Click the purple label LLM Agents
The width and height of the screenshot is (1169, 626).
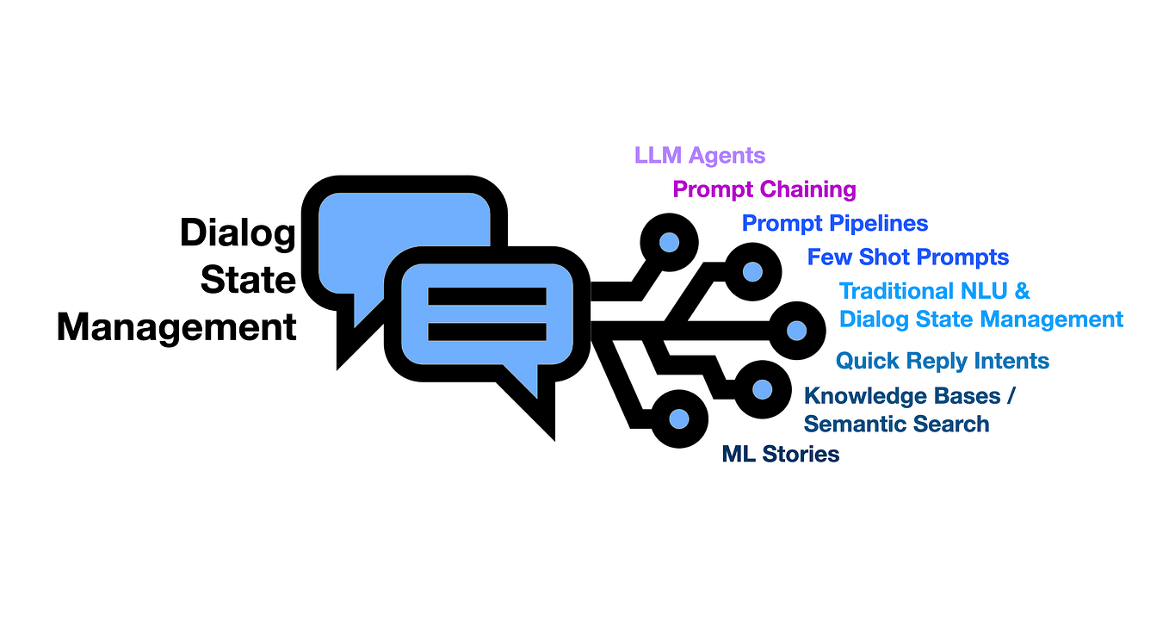pos(699,156)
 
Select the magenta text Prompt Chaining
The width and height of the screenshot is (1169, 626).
pos(764,189)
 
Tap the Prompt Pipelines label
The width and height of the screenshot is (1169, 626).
pos(834,224)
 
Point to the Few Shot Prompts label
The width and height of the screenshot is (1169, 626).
pos(907,257)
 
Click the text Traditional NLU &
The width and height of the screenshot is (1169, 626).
pos(934,291)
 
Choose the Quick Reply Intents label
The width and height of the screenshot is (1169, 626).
pos(942,361)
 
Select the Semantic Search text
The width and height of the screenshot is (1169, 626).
pos(896,424)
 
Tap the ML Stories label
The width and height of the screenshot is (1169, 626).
pos(780,454)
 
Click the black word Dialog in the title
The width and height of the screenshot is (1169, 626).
pos(238,233)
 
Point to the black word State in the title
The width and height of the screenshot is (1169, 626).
pos(248,280)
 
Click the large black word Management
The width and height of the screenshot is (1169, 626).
pos(176,327)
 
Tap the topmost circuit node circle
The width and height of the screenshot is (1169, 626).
pos(668,243)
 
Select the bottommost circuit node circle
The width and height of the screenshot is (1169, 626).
pos(678,418)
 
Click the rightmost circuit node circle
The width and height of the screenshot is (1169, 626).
pos(796,330)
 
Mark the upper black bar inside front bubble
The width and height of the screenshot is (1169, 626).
pos(487,296)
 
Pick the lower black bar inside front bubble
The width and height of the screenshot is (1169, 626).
pos(487,331)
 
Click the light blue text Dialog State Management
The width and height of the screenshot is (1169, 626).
pos(980,319)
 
